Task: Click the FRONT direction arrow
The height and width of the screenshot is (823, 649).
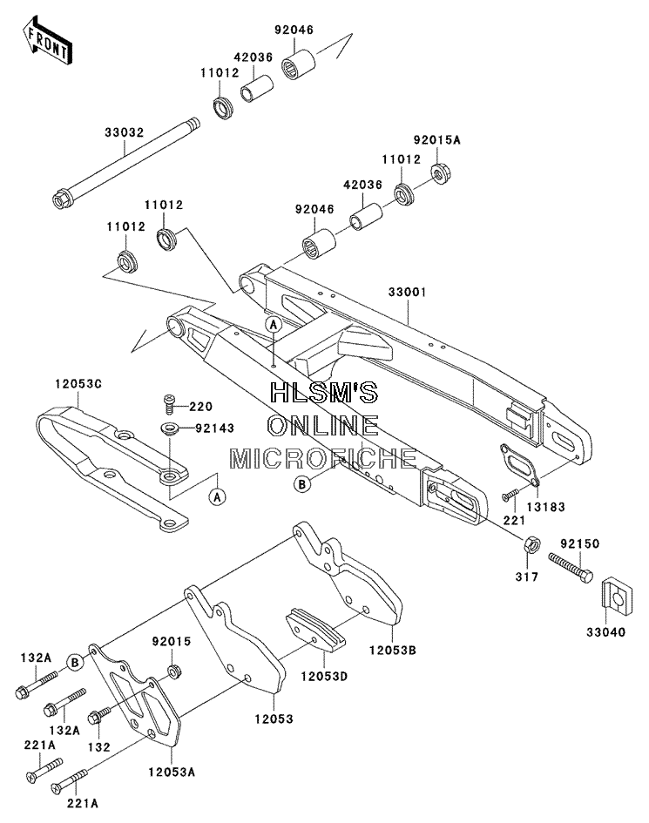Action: click(47, 41)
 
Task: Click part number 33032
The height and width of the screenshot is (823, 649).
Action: click(124, 132)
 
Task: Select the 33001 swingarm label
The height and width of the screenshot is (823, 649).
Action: click(407, 292)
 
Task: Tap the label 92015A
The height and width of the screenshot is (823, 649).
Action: click(436, 139)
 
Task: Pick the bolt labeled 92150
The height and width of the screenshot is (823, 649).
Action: click(571, 567)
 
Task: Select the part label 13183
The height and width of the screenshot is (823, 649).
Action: click(546, 507)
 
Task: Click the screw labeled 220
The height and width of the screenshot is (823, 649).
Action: click(169, 405)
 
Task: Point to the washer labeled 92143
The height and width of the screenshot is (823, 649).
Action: click(170, 428)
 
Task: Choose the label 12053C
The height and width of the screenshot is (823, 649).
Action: click(78, 384)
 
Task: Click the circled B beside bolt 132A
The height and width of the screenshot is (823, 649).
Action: click(75, 663)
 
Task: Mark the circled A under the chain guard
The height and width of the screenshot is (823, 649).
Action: click(217, 496)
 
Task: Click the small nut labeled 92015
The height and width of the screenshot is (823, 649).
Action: click(172, 671)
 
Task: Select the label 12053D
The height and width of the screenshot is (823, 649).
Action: click(324, 676)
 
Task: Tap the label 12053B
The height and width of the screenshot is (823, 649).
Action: click(392, 650)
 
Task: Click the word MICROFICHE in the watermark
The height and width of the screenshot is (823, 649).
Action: click(323, 459)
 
